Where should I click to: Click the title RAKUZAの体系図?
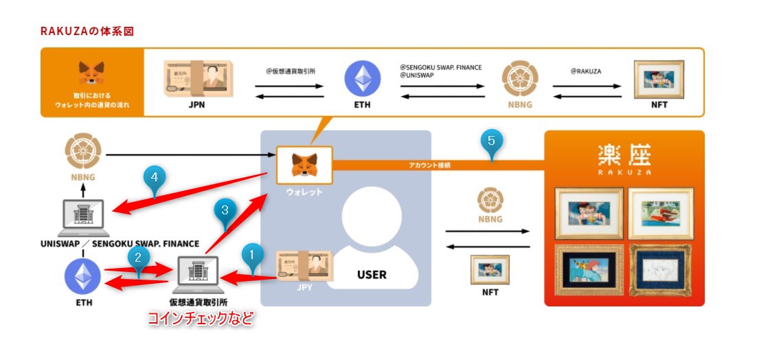point(87,32)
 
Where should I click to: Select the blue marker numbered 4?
point(155,177)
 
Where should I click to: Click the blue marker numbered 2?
point(138,258)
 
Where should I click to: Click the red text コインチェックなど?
point(201,319)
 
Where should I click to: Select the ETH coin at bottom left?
point(82,278)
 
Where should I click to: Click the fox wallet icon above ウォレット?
point(304,165)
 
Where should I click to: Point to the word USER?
point(371,275)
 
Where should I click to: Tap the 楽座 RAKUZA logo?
point(624,160)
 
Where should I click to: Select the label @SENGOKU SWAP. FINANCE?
point(440,67)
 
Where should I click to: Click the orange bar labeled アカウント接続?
point(440,165)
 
